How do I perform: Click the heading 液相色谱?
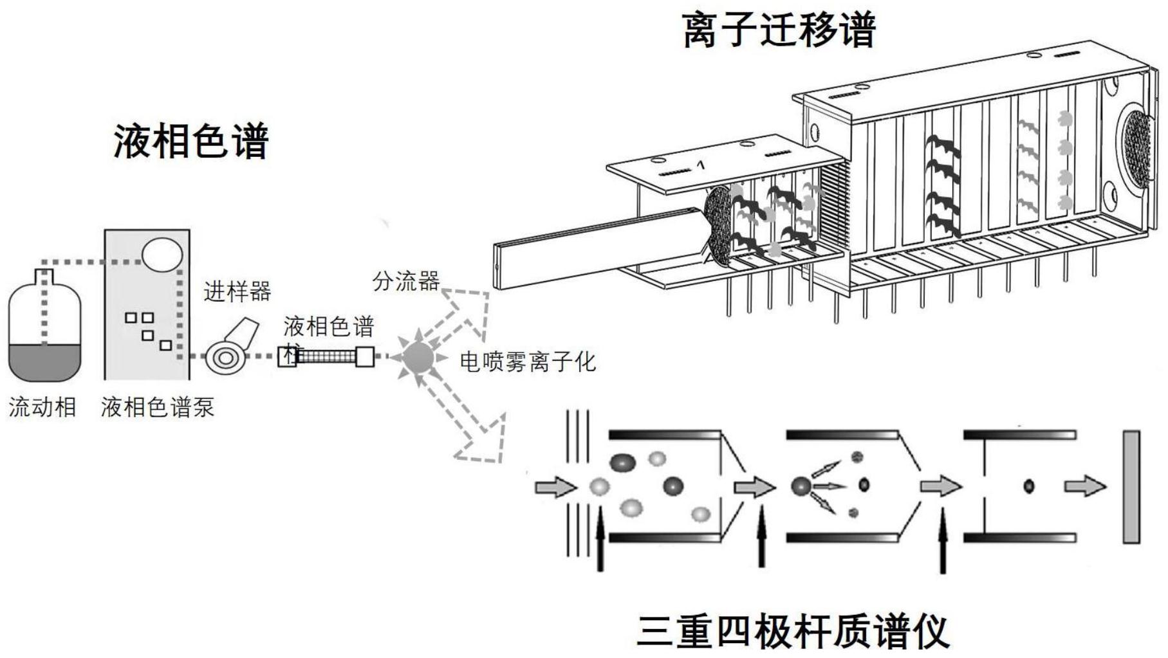coord(191,142)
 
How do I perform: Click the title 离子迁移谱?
coord(779,30)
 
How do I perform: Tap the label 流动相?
coord(42,407)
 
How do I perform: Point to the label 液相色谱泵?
coord(158,407)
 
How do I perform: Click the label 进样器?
coord(237,292)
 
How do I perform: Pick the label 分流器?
coord(405,280)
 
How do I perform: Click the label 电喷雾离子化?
coord(528,362)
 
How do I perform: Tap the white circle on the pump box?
coord(162,253)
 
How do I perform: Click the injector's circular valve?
coord(225,358)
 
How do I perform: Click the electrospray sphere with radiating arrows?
coord(418,356)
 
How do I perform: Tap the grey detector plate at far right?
coord(1131,487)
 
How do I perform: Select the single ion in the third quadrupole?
coord(1028,486)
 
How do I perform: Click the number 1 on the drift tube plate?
coord(701,165)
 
